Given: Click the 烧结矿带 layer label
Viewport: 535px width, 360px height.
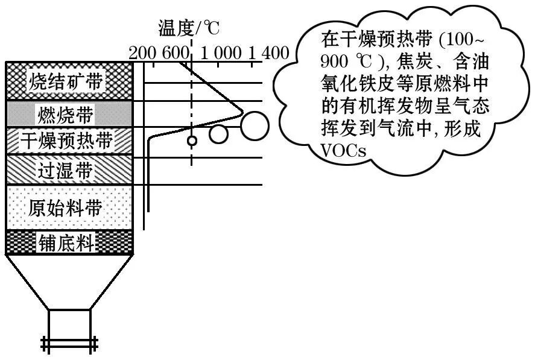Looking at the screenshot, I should tap(69, 81).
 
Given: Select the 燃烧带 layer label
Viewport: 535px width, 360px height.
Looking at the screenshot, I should tap(69, 113).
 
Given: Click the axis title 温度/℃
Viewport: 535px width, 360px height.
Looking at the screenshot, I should tap(189, 28).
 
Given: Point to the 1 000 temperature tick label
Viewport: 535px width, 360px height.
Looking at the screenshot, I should tap(220, 53).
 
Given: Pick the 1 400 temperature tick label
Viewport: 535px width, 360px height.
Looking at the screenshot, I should tap(268, 53).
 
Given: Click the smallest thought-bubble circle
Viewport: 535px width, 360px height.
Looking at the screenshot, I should tap(192, 141).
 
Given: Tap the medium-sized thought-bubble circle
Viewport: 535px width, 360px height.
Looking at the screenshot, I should tap(219, 134).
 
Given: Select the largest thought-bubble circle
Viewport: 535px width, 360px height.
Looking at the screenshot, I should tap(255, 124).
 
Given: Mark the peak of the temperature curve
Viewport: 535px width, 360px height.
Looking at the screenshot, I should tap(242, 111).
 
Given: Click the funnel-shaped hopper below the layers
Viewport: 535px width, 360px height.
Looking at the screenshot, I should tap(69, 281).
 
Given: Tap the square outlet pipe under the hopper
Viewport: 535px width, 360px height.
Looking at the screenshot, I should tap(69, 326).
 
